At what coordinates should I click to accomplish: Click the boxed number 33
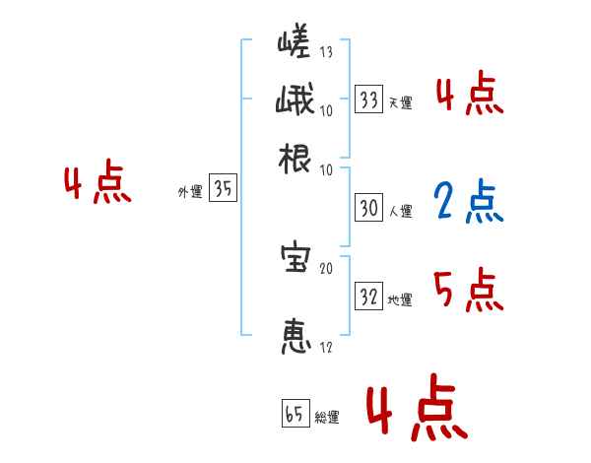[368, 99]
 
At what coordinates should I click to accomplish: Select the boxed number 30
[368, 208]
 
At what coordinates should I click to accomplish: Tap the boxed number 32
[368, 297]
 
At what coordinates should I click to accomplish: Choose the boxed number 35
[223, 190]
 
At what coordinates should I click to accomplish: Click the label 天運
[401, 102]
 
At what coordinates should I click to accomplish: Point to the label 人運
[401, 211]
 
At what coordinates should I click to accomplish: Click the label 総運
[327, 417]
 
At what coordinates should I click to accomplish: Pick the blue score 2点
[468, 201]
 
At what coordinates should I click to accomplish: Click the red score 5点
[468, 290]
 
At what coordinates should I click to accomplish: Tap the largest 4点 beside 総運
[415, 410]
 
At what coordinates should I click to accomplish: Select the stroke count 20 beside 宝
[326, 267]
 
